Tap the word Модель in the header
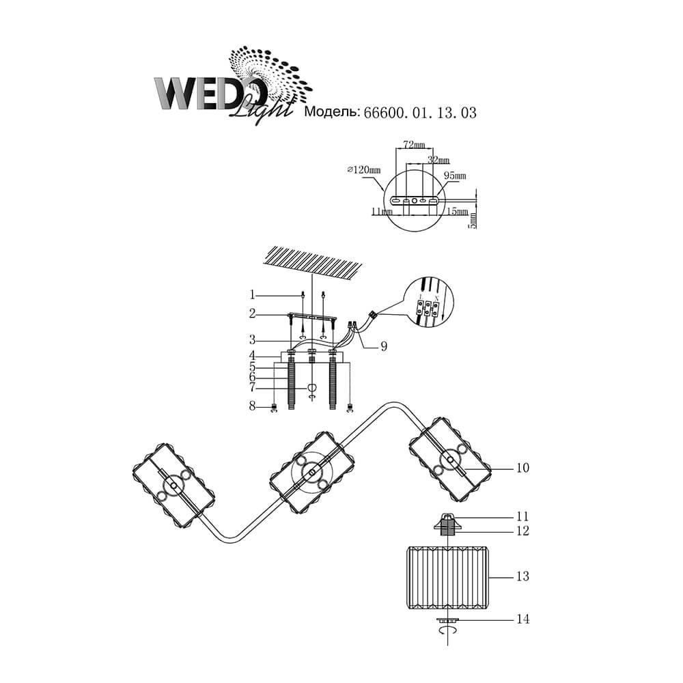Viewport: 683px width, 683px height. (331, 113)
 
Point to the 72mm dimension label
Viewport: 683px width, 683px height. (414, 145)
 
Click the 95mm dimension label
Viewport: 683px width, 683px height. (455, 176)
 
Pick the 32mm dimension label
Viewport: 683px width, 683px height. (438, 160)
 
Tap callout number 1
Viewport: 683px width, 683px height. (252, 295)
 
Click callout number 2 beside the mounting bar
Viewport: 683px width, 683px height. (252, 313)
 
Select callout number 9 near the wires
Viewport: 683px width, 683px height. (384, 346)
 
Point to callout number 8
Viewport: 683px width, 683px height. (252, 408)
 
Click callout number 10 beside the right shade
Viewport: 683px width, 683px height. (523, 469)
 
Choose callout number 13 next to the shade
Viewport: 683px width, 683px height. (522, 577)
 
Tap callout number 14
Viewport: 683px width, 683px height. (523, 619)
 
